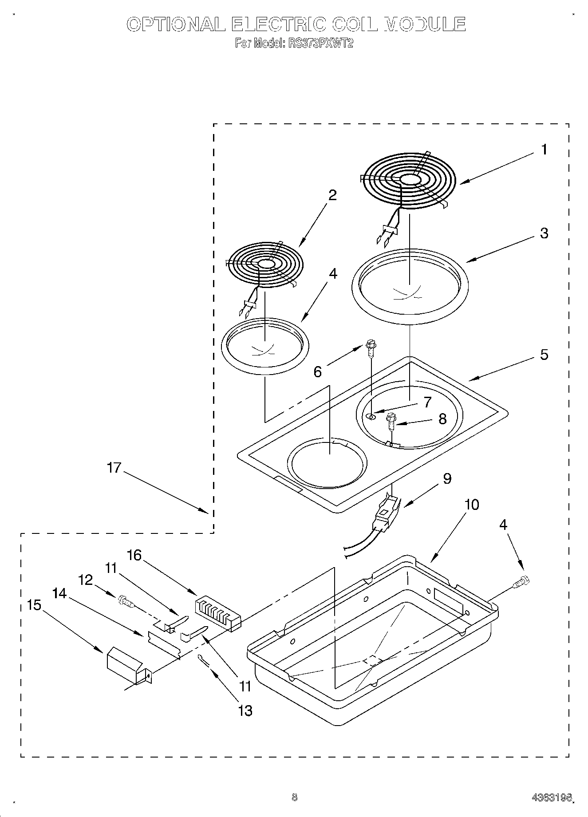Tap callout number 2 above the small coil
(x=332, y=195)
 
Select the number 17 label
(x=114, y=468)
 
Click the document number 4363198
(x=551, y=798)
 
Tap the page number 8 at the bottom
(x=294, y=797)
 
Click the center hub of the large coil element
(x=411, y=179)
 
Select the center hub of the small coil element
(x=266, y=264)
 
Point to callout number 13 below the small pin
(x=245, y=710)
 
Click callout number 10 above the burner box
(x=472, y=505)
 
